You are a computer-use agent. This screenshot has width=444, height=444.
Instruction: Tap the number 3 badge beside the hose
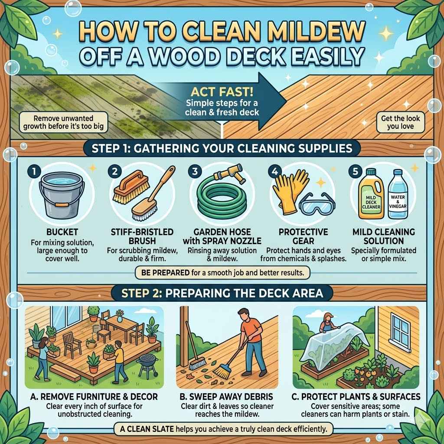click(196, 172)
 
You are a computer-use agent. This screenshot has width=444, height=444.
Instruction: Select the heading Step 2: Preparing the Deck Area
click(222, 294)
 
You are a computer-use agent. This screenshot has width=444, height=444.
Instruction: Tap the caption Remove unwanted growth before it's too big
click(64, 123)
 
